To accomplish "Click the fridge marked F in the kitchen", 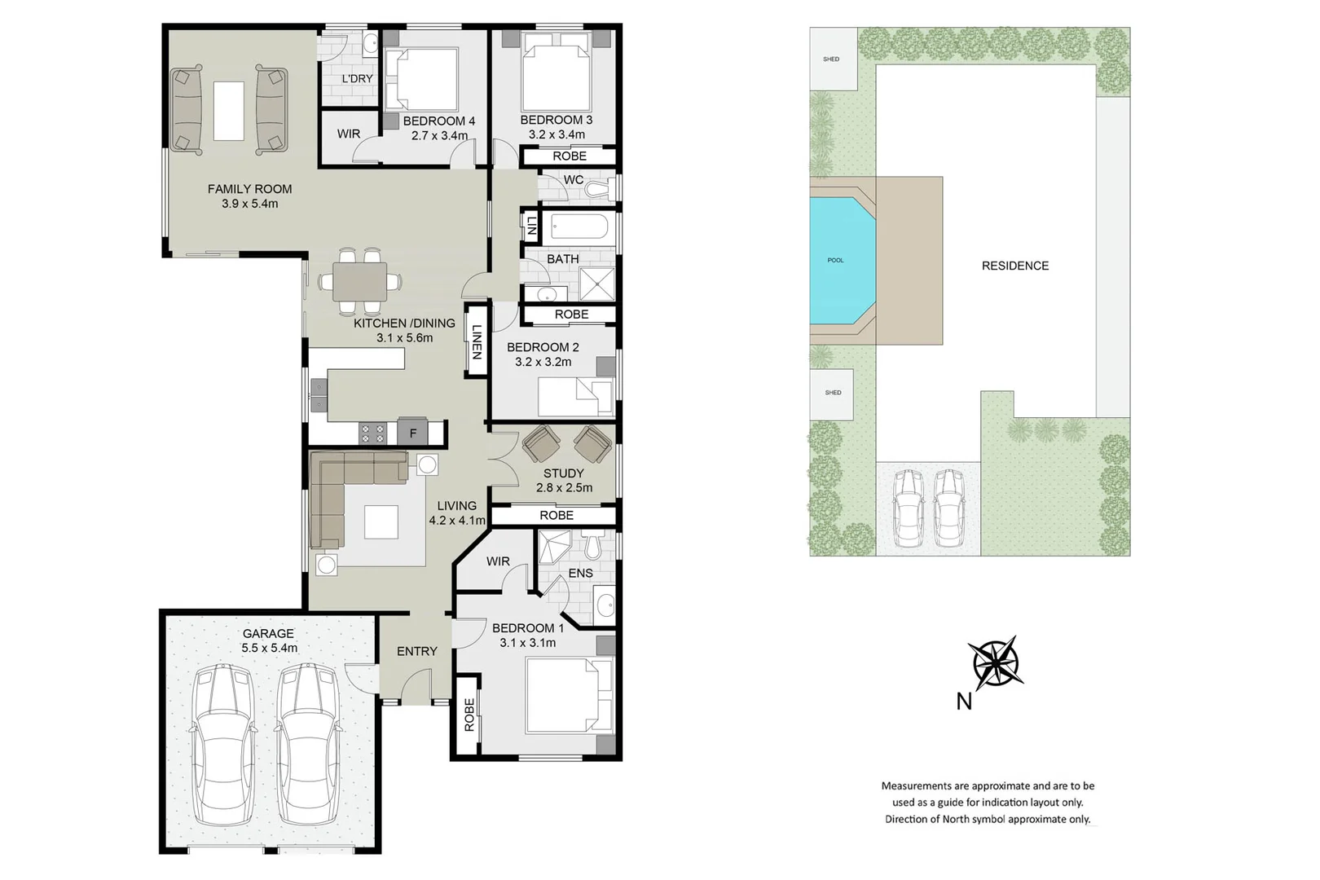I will (x=413, y=433).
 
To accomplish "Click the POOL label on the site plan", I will (x=835, y=261).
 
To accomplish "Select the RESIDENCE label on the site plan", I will (x=1014, y=266).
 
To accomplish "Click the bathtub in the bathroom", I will (x=574, y=227).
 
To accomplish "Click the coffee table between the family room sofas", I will (x=229, y=111).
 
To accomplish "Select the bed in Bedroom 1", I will (x=568, y=695).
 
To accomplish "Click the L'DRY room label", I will (x=357, y=79).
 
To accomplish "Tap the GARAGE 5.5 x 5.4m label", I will (x=269, y=640).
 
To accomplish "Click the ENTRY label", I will (x=417, y=651).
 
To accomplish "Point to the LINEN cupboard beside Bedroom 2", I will (x=477, y=341).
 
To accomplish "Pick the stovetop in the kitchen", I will (x=373, y=433).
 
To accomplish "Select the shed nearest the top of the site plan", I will (x=832, y=59).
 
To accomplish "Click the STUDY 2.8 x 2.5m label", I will (x=563, y=480).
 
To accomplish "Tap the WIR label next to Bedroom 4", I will (x=349, y=134).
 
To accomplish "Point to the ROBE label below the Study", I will (x=557, y=515).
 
